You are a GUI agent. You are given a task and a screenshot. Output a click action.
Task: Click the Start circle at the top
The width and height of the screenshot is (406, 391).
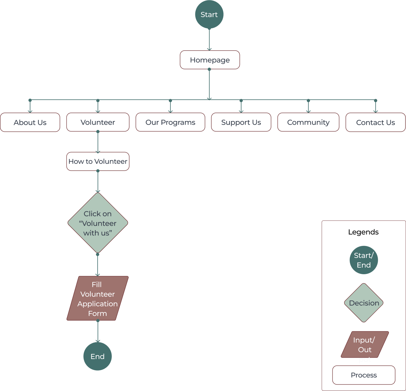tap(209, 14)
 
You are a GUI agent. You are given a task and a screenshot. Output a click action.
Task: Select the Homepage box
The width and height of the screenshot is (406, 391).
tap(210, 60)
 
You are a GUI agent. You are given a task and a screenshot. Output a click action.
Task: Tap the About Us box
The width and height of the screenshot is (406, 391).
tap(30, 123)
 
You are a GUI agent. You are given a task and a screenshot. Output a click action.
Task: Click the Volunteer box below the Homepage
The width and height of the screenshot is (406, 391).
tap(98, 122)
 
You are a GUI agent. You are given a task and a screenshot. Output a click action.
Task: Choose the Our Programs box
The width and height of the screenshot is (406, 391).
tap(170, 122)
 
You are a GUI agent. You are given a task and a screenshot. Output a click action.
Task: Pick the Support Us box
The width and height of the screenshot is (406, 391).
tap(241, 122)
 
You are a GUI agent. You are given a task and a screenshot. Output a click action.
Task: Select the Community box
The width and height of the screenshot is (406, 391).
tap(308, 122)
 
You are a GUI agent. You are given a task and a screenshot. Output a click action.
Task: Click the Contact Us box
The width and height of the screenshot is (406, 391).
tap(375, 123)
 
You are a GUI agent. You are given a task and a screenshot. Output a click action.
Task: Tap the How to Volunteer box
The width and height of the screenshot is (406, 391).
tap(98, 161)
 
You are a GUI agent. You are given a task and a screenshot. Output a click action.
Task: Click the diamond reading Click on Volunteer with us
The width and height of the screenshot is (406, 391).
tap(98, 223)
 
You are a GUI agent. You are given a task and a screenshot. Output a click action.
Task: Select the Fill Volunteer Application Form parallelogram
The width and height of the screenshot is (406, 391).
tap(97, 298)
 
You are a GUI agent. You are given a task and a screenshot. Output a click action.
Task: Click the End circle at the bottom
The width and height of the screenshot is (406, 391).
tap(97, 356)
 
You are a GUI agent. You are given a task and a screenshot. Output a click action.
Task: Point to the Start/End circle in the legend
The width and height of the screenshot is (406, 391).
tap(364, 260)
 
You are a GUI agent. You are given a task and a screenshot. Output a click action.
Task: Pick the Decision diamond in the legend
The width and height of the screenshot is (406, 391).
tap(364, 303)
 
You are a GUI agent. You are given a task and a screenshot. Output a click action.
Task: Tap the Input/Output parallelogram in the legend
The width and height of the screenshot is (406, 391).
tap(365, 345)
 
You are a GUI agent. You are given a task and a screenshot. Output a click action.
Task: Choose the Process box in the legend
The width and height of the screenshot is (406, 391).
tap(364, 375)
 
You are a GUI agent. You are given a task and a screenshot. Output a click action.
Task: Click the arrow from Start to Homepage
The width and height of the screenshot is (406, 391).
tap(209, 39)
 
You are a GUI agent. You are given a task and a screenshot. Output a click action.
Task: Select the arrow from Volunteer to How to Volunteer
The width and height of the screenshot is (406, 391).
tap(98, 142)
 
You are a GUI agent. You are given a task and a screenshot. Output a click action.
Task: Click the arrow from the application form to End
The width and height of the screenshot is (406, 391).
tap(98, 331)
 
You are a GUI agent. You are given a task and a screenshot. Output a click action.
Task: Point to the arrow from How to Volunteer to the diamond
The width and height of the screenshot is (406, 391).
tap(98, 182)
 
